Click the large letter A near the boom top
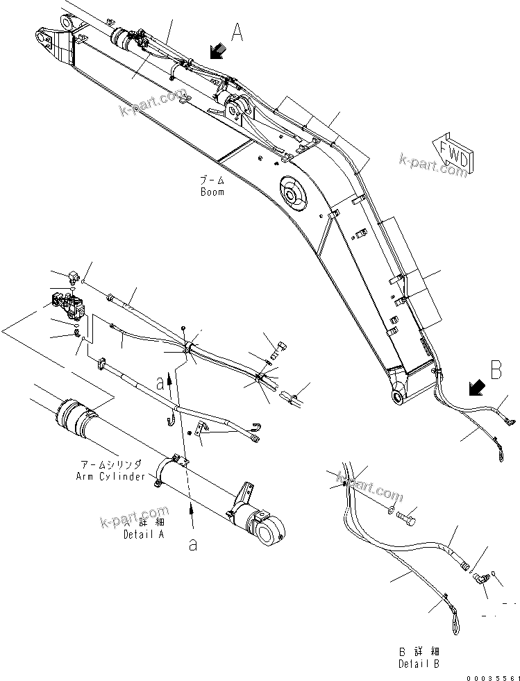coord(237,32)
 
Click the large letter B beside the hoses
coord(496,370)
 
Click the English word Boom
coord(212,192)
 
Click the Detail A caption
coord(144,535)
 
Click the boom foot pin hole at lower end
coord(399,396)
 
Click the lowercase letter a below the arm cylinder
coord(192,545)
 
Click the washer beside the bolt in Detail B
coord(395,512)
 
